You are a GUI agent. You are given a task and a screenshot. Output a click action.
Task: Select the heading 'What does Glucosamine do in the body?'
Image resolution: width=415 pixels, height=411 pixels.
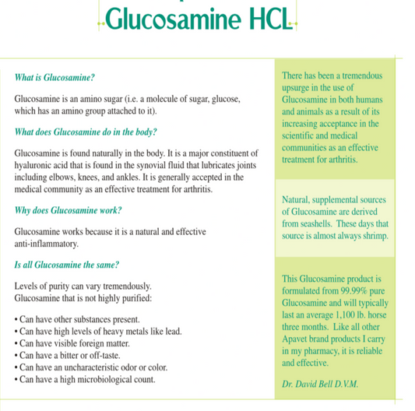[x=86, y=132]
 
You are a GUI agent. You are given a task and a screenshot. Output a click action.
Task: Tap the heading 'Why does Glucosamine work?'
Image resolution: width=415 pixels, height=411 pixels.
[x=69, y=210]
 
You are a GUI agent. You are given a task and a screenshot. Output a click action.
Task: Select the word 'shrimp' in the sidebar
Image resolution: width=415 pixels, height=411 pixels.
[x=370, y=235]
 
